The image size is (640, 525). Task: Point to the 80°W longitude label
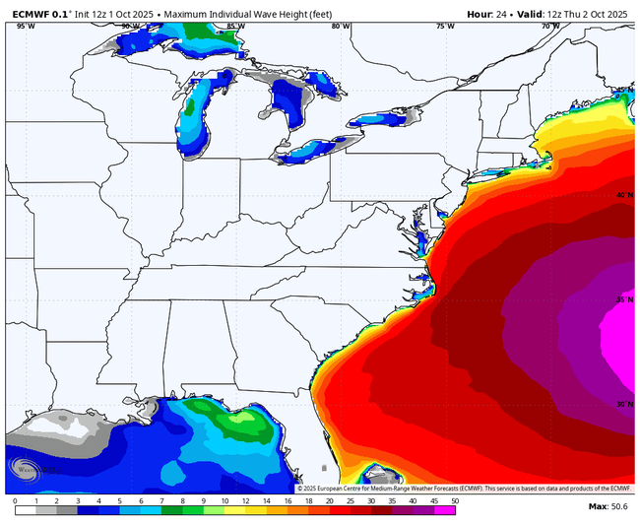pos(341,27)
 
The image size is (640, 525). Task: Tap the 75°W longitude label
pos(445,27)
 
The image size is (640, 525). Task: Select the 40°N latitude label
pos(623,195)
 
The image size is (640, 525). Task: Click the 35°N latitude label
pos(623,300)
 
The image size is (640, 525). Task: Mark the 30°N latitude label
pos(623,404)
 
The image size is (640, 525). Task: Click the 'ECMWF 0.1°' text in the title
pos(38,14)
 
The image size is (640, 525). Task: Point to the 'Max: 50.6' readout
pos(608,506)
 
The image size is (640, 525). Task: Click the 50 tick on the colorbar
pos(454,500)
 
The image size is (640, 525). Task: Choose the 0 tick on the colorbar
pos(15,500)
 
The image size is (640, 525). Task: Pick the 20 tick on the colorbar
pos(323,500)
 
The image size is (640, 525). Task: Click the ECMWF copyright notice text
pos(463,488)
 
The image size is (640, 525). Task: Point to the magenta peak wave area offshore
pos(620,345)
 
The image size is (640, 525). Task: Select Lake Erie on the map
pos(315,151)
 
